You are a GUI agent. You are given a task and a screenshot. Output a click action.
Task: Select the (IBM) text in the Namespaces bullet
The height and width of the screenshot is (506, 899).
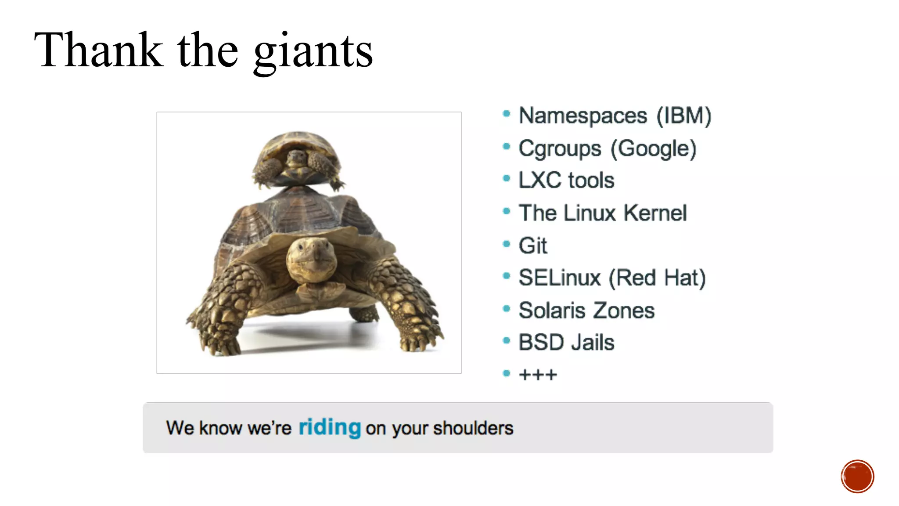point(683,116)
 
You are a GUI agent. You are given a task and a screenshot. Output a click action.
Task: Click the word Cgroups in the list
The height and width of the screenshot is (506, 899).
point(560,148)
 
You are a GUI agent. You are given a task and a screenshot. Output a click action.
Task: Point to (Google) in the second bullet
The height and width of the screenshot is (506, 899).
point(654,148)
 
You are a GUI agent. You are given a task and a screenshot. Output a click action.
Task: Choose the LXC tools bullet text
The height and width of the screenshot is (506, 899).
point(566,180)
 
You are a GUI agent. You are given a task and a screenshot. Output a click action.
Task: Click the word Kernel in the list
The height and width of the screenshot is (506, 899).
point(655,213)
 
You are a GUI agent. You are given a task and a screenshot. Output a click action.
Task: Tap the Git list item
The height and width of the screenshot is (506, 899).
point(533,246)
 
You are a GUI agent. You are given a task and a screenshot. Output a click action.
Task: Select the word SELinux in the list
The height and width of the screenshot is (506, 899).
point(559,278)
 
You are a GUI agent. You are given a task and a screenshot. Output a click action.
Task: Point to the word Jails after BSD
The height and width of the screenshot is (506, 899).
point(592,343)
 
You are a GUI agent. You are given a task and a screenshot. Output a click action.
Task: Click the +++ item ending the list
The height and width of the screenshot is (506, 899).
point(538,375)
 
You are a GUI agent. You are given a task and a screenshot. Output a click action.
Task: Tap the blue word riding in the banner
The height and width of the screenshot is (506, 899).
point(330,427)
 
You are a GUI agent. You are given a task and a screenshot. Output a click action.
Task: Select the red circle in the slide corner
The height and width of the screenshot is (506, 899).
point(857,477)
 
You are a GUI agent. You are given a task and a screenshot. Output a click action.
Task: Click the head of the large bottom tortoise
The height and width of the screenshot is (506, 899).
point(311,259)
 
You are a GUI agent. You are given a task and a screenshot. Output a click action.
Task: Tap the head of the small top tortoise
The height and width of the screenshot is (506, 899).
point(297,158)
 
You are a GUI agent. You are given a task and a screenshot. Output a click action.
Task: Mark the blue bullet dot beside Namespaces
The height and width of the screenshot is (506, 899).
point(507,114)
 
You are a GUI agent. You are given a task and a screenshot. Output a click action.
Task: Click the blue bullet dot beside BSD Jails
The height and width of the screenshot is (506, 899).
point(507,340)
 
